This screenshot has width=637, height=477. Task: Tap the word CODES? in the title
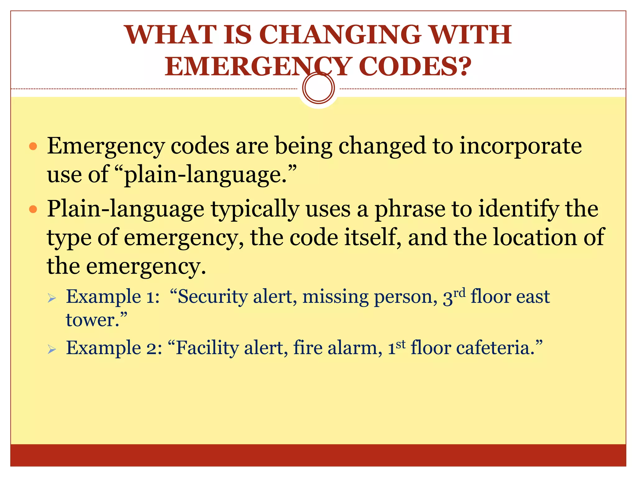(415, 66)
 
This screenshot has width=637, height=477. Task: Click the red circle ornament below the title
(318, 88)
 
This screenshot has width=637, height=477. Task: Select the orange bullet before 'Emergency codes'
(33, 146)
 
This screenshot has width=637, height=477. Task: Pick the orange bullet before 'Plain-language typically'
(33, 209)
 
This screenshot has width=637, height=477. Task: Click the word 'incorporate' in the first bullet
(520, 146)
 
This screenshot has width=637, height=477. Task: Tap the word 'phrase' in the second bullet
(410, 209)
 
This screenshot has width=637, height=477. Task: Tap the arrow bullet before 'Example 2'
(52, 350)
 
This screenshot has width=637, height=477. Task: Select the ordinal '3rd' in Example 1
(454, 297)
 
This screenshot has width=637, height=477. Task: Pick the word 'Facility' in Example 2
(207, 348)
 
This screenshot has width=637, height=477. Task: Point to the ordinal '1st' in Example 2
(397, 348)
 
